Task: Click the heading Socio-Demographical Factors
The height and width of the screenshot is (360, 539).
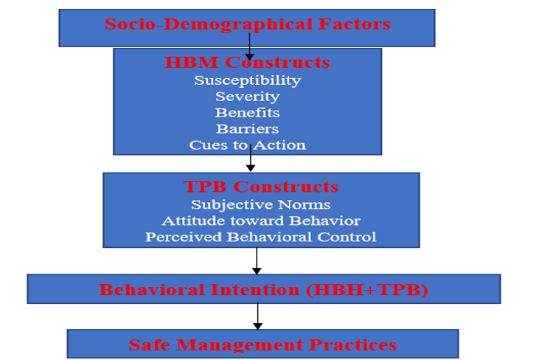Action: (247, 24)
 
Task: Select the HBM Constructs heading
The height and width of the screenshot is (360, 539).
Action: (247, 63)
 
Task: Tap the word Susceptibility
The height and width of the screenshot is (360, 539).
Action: (247, 80)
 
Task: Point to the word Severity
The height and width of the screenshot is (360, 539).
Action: (247, 97)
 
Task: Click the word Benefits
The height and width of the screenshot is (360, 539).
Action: (247, 113)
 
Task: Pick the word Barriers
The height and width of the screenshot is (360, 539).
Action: (247, 129)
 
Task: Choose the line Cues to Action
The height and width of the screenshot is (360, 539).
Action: (247, 145)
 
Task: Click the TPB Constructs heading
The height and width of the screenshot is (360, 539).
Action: (260, 187)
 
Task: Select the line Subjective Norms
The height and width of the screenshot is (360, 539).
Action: (260, 204)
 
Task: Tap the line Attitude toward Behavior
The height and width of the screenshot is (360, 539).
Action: (260, 221)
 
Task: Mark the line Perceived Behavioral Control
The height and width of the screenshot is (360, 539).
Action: (260, 237)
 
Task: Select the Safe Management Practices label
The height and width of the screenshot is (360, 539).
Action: (262, 345)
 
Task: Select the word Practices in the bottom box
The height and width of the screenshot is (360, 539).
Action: (356, 345)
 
